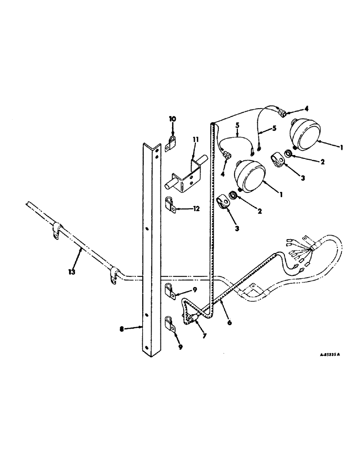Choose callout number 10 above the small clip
click(172, 119)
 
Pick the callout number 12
click(196, 209)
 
